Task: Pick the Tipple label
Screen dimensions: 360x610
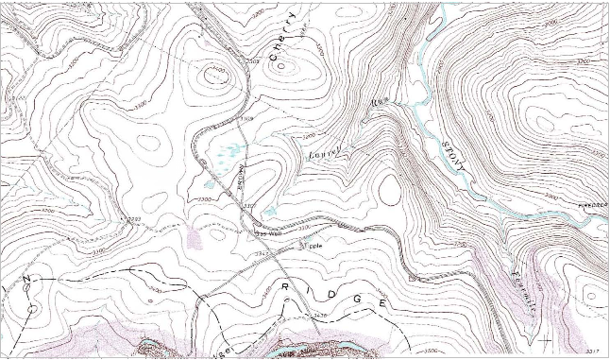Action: coord(311,245)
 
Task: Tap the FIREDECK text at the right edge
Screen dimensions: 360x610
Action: coord(589,201)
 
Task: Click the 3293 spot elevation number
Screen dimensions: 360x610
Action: coord(133,219)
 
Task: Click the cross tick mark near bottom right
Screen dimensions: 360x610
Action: coord(545,337)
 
